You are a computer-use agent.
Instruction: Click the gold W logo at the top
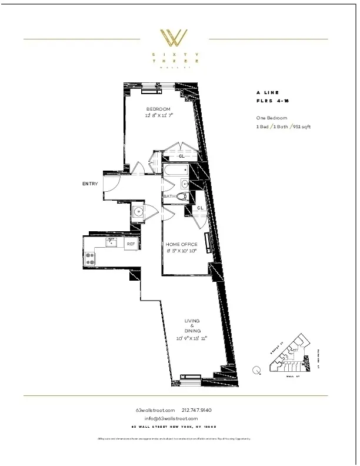[x=175, y=38]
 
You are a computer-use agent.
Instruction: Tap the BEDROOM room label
[x=158, y=109]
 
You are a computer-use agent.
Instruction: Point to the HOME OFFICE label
[x=181, y=244]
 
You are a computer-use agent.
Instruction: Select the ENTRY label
[x=89, y=184]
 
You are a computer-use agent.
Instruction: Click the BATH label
[x=169, y=196]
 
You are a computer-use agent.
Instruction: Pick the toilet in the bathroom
[x=182, y=197]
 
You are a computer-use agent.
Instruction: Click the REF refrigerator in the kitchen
[x=131, y=243]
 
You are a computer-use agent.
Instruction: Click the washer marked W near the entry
[x=139, y=212]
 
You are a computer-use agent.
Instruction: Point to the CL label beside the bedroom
[x=181, y=157]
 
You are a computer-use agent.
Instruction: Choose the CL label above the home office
[x=200, y=208]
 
